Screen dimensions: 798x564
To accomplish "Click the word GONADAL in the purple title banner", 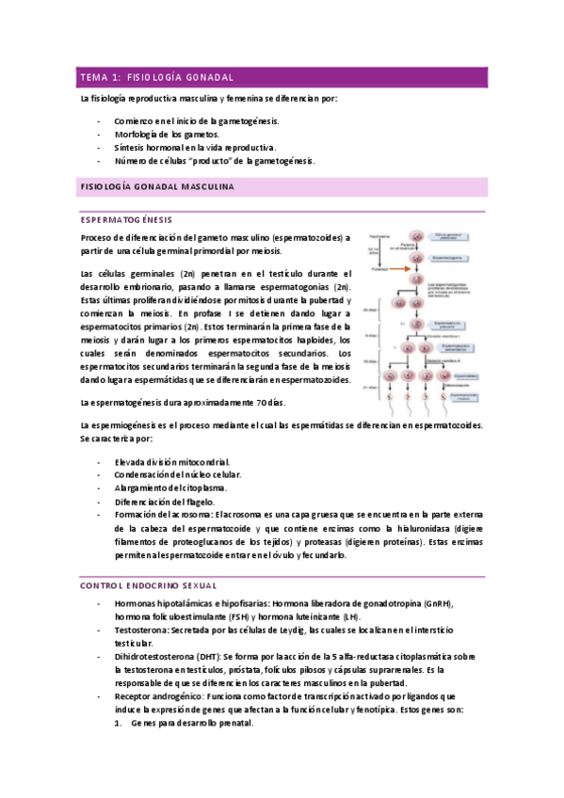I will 209,77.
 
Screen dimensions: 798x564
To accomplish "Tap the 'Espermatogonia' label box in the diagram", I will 448,256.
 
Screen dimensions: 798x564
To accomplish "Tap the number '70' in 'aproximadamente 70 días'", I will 261,403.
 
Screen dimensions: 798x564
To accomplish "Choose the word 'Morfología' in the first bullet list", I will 139,135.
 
